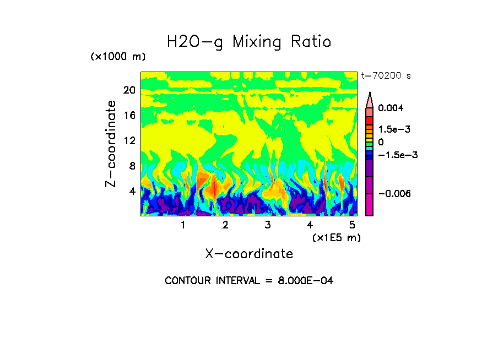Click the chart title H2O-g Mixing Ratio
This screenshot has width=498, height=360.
[x=249, y=42]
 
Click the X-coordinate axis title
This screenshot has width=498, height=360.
[x=249, y=254]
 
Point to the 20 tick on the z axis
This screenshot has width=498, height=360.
[x=129, y=90]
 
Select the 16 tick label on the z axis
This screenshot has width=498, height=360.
[x=129, y=116]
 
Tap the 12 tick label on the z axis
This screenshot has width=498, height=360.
[x=129, y=141]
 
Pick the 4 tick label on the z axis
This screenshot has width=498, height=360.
[x=131, y=192]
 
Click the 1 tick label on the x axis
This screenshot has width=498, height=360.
[x=183, y=225]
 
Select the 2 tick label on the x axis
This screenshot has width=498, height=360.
[x=225, y=225]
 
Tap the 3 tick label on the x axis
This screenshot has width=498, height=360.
[x=268, y=225]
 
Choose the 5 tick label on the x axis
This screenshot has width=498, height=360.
[x=352, y=225]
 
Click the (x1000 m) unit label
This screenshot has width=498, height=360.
[x=118, y=57]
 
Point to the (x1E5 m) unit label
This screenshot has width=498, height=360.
[x=336, y=238]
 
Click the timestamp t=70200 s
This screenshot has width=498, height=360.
[x=386, y=75]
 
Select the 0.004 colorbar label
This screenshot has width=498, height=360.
[x=391, y=108]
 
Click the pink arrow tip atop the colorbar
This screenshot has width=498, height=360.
[x=370, y=98]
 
